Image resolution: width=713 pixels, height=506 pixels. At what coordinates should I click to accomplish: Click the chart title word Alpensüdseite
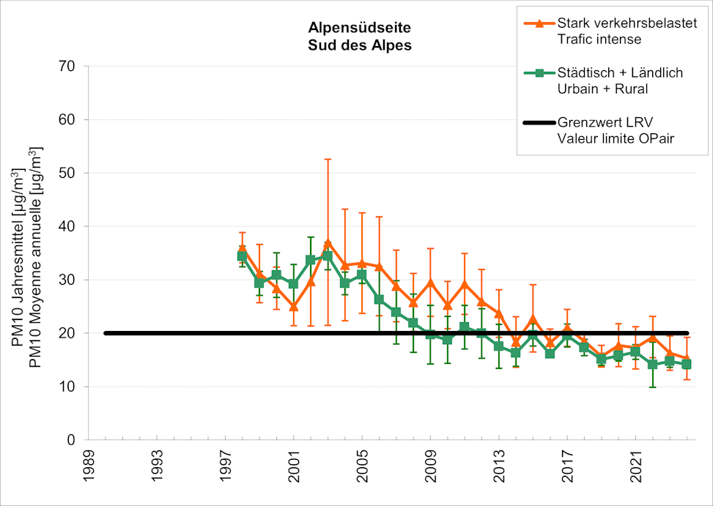(359, 29)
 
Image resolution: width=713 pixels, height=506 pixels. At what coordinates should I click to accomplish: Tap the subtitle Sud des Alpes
(359, 44)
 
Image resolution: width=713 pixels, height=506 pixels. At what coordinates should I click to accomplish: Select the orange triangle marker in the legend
(539, 23)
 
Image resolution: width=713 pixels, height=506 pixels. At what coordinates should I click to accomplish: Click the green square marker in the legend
(539, 73)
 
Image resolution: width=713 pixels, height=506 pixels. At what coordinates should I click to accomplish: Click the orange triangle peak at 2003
(328, 243)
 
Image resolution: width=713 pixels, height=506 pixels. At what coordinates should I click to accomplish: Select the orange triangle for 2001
(293, 306)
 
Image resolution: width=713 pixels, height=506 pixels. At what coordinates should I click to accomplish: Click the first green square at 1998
(242, 256)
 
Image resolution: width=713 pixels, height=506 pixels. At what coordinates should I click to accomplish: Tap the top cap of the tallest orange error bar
(328, 159)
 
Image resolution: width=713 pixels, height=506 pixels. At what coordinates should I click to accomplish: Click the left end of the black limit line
(106, 333)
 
